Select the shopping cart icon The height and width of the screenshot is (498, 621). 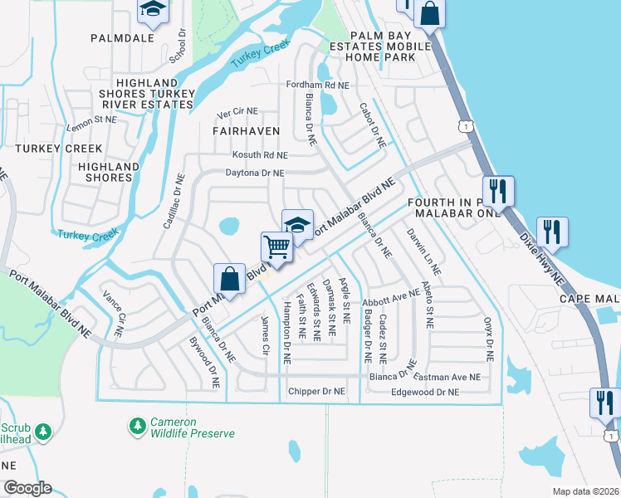(x=276, y=246)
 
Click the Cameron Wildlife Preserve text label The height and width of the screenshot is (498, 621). (x=193, y=427)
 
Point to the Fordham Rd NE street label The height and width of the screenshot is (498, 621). (x=317, y=85)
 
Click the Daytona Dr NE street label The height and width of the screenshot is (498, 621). (x=255, y=173)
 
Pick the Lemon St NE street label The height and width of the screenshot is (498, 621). (x=93, y=120)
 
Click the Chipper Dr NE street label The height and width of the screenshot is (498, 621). (x=315, y=391)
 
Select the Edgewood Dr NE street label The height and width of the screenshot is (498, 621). (x=424, y=392)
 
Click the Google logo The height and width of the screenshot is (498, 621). (x=27, y=488)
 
